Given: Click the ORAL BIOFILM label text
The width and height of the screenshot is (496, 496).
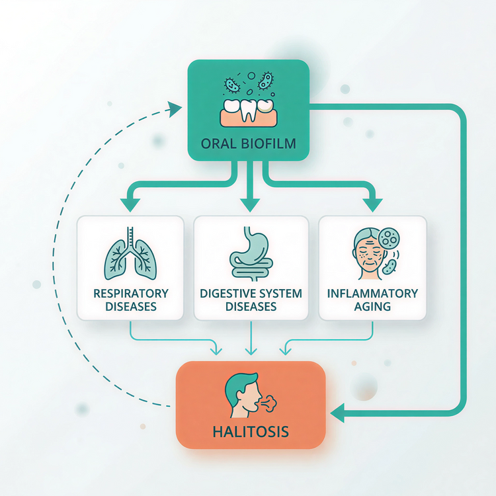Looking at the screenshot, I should point(248,142).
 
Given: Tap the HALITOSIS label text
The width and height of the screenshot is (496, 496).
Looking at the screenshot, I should point(251,433).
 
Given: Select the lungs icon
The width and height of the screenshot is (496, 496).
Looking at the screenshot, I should point(130,254).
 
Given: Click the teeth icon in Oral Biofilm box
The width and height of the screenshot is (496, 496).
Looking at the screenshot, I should point(248,110).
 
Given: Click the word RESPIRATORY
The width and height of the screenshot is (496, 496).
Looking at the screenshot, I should point(130,293).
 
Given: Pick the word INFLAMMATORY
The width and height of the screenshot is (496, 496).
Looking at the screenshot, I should point(372,293).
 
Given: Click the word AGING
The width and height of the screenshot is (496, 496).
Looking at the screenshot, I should point(372,307).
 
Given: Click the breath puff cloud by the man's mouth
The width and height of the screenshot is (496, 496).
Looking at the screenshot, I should point(269,401).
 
